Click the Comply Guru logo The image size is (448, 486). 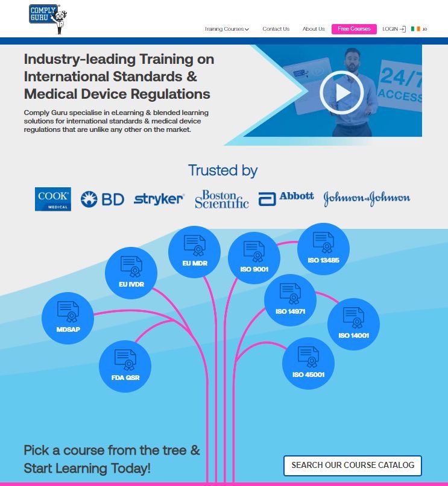coord(48,19)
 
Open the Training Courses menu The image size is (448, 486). coord(227,29)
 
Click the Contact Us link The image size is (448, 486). coord(276,29)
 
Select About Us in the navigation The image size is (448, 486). coord(314,29)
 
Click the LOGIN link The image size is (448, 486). coord(394,29)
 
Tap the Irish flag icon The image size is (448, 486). coord(415,29)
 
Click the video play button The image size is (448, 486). coord(342,92)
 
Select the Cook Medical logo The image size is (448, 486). coord(52,199)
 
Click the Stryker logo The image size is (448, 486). coord(159,199)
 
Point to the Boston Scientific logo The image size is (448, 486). coord(222,199)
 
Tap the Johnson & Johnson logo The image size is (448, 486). coord(367,198)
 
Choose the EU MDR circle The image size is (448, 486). coord(195,252)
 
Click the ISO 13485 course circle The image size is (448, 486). coord(323,249)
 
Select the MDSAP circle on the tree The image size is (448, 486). coord(68,318)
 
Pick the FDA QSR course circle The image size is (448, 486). coord(125,366)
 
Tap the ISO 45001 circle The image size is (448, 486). coord(308,363)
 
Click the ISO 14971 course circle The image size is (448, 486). coord(291,300)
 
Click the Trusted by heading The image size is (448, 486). coord(222,171)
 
